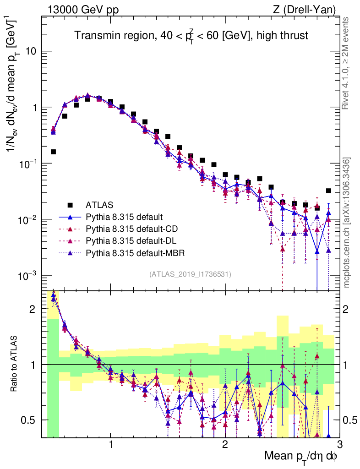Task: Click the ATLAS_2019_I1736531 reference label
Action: (190, 274)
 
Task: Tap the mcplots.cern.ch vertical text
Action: (347, 222)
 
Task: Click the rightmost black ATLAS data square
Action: (328, 191)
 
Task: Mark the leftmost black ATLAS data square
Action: (53, 152)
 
